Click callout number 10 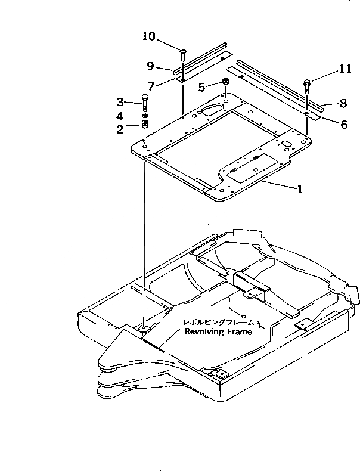pyautogui.click(x=148, y=37)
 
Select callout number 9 pyautogui.click(x=151, y=66)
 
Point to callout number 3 pyautogui.click(x=120, y=102)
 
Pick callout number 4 pyautogui.click(x=120, y=115)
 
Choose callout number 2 pyautogui.click(x=120, y=128)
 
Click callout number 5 pyautogui.click(x=201, y=87)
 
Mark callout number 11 pyautogui.click(x=345, y=69)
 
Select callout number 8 pyautogui.click(x=343, y=103)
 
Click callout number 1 pyautogui.click(x=300, y=190)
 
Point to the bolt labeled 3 pyautogui.click(x=145, y=101)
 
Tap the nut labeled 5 pyautogui.click(x=226, y=82)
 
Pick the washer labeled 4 pyautogui.click(x=145, y=115)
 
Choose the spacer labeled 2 pyautogui.click(x=144, y=125)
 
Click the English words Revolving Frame pyautogui.click(x=218, y=332)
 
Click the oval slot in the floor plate pyautogui.click(x=212, y=110)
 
